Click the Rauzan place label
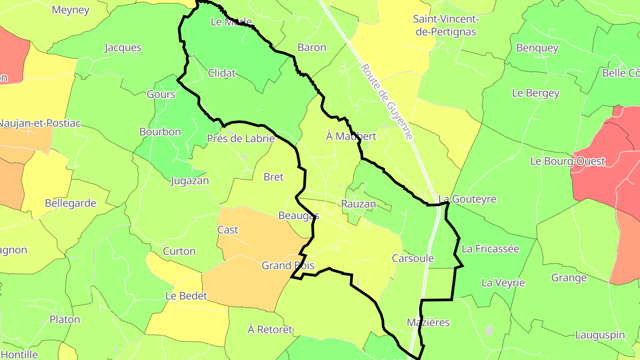pyautogui.click(x=358, y=204)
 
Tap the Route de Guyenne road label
pyautogui.click(x=387, y=102)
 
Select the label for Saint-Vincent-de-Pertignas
pyautogui.click(x=445, y=25)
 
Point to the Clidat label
pyautogui.click(x=222, y=73)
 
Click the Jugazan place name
pyautogui.click(x=190, y=181)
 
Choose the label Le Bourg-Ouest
pyautogui.click(x=568, y=161)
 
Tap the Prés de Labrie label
pyautogui.click(x=240, y=139)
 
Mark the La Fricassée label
pyautogui.click(x=490, y=248)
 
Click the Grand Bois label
pyautogui.click(x=288, y=266)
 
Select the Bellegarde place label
pyautogui.click(x=71, y=203)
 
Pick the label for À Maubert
pyautogui.click(x=351, y=136)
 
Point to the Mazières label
pyautogui.click(x=428, y=322)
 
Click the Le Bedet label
pyautogui.click(x=186, y=296)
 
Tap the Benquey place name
pyautogui.click(x=537, y=48)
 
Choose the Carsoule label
pyautogui.click(x=412, y=258)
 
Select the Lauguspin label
pyautogui.click(x=600, y=335)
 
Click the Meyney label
pyautogui.click(x=71, y=10)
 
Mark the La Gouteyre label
pyautogui.click(x=467, y=199)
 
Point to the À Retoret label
pyautogui.click(x=270, y=329)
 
